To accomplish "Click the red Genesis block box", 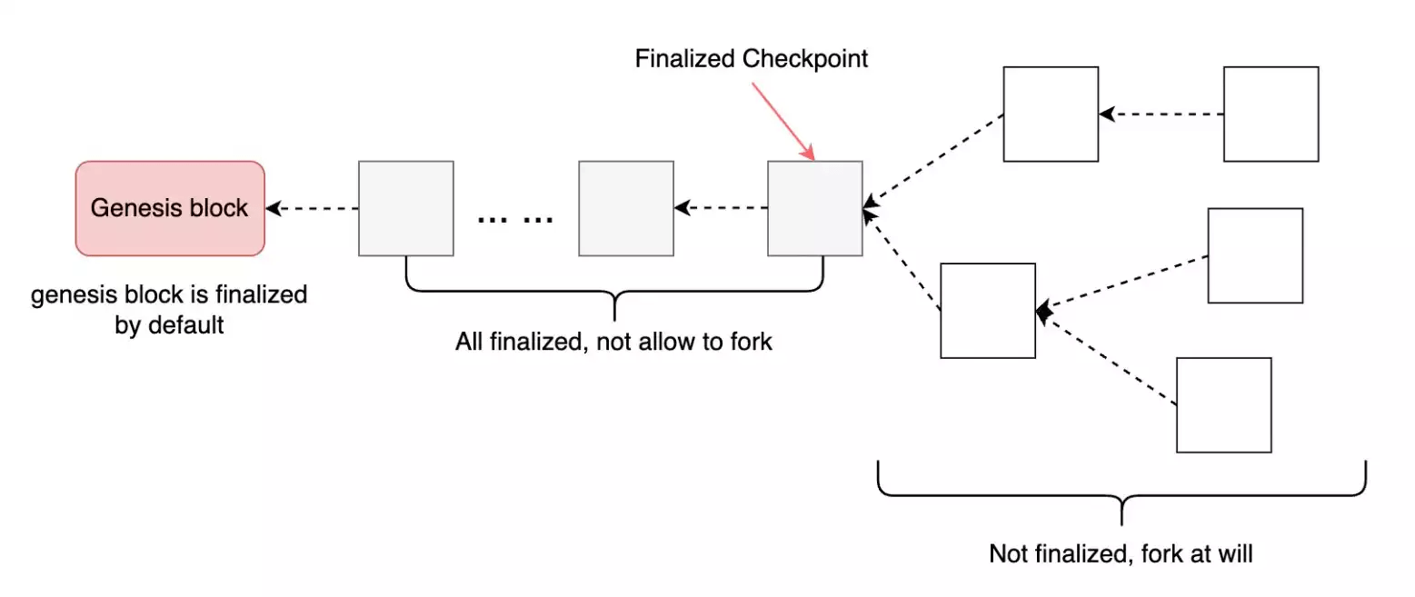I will pyautogui.click(x=169, y=208).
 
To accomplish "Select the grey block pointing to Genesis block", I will pyautogui.click(x=405, y=208).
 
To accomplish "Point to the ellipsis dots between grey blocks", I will pyautogui.click(x=514, y=218).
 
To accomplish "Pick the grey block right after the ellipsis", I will pyautogui.click(x=626, y=208).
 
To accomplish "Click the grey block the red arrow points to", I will pyautogui.click(x=814, y=208).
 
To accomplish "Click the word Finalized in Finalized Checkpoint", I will pyautogui.click(x=685, y=59).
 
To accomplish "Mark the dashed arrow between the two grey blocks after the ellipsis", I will pyautogui.click(x=721, y=209).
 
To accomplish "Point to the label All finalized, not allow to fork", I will pyautogui.click(x=613, y=343).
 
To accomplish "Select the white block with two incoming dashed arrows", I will pyautogui.click(x=988, y=311).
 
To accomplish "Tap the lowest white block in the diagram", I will pyautogui.click(x=1223, y=405).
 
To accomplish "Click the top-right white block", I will pyautogui.click(x=1271, y=114).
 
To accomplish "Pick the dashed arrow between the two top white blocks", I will pyautogui.click(x=1161, y=114).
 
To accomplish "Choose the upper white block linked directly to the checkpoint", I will pyautogui.click(x=1051, y=114).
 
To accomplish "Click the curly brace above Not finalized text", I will pyautogui.click(x=1121, y=495).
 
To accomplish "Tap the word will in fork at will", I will pyautogui.click(x=1235, y=553).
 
